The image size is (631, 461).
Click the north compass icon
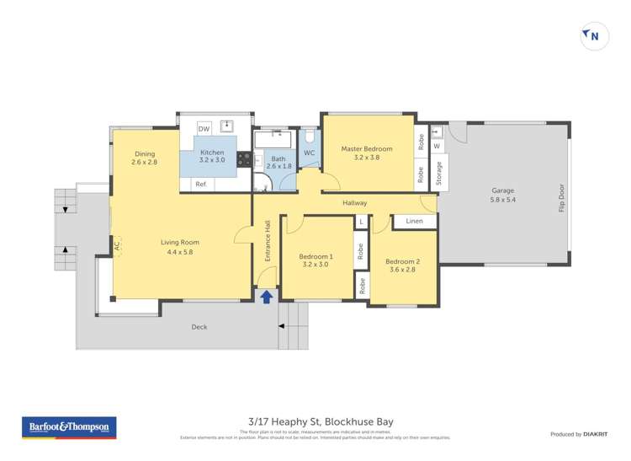click(x=595, y=35)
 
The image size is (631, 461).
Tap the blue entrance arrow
click(x=267, y=296)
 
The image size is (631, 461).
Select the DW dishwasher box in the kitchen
click(x=203, y=128)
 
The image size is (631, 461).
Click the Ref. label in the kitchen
click(x=201, y=184)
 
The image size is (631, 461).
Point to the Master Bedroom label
click(x=366, y=153)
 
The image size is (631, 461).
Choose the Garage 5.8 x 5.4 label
click(x=504, y=195)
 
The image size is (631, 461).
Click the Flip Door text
click(x=561, y=196)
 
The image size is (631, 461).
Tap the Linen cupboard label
click(x=414, y=221)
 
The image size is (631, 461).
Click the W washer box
click(x=437, y=146)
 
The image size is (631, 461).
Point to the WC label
click(x=309, y=153)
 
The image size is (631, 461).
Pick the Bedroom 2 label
click(x=402, y=265)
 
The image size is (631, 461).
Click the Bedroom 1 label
click(x=316, y=260)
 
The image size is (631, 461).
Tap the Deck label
click(x=199, y=327)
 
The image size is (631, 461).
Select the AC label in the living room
click(x=117, y=246)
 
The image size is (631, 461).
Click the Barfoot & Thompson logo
click(x=69, y=427)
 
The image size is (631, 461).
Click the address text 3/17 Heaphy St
click(x=315, y=421)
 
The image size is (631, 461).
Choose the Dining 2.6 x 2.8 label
click(x=145, y=158)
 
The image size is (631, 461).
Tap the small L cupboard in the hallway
click(x=360, y=222)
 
